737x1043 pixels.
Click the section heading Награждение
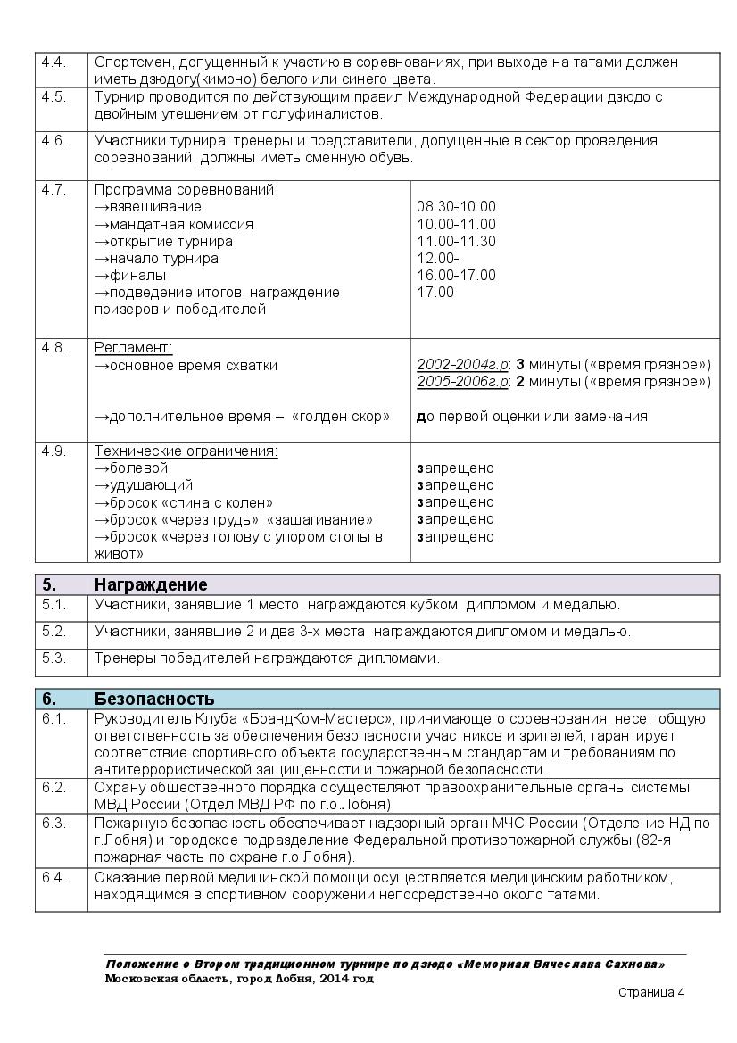(151, 585)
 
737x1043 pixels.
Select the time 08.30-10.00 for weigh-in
(456, 207)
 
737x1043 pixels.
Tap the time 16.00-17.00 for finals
(456, 276)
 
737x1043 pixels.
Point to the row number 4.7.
(54, 190)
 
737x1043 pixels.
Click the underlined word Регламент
(134, 348)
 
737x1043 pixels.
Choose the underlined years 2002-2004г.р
(462, 365)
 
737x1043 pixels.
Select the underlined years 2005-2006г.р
(462, 382)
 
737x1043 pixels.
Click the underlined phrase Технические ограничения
(186, 451)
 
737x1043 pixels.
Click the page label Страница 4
(651, 993)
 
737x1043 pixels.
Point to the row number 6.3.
(54, 823)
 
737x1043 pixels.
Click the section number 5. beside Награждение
(49, 585)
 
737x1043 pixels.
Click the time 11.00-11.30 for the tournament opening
(456, 242)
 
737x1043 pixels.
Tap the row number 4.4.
(54, 62)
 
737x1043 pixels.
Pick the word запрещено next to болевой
(455, 468)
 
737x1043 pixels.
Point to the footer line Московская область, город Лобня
(238, 979)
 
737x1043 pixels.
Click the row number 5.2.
(54, 632)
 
